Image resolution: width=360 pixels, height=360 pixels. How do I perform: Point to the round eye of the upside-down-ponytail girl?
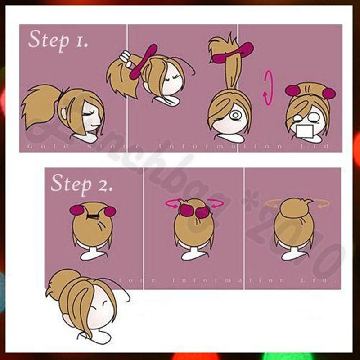click(235, 116)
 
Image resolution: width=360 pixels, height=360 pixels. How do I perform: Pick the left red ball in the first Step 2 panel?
click(77, 210)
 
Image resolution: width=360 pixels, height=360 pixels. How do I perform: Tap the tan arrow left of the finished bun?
click(273, 204)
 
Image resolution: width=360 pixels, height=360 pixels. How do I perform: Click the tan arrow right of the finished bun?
click(323, 205)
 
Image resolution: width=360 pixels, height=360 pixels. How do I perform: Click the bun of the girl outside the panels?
click(63, 281)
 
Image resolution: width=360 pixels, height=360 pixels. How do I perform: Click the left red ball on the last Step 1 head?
click(292, 91)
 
